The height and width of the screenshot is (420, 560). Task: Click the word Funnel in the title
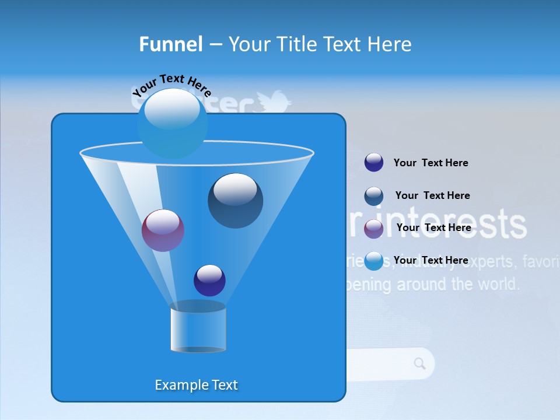170,44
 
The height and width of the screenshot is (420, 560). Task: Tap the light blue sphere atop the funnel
172,123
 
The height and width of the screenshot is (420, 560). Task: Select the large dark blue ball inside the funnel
235,201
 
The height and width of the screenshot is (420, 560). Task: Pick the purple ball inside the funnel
163,230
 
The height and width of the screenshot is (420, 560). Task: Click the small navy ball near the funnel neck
209,280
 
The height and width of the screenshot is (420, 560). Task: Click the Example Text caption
196,385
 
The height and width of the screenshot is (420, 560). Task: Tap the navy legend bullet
373,162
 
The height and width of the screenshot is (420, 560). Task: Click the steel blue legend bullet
373,196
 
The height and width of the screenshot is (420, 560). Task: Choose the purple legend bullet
373,229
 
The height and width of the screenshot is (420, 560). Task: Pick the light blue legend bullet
373,261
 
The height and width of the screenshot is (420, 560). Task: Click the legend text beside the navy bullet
430,163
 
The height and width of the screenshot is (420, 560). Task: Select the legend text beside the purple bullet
433,228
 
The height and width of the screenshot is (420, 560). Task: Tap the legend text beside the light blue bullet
430,260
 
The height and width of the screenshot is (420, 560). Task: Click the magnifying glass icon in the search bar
419,364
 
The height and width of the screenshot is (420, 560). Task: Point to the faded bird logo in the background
274,102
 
